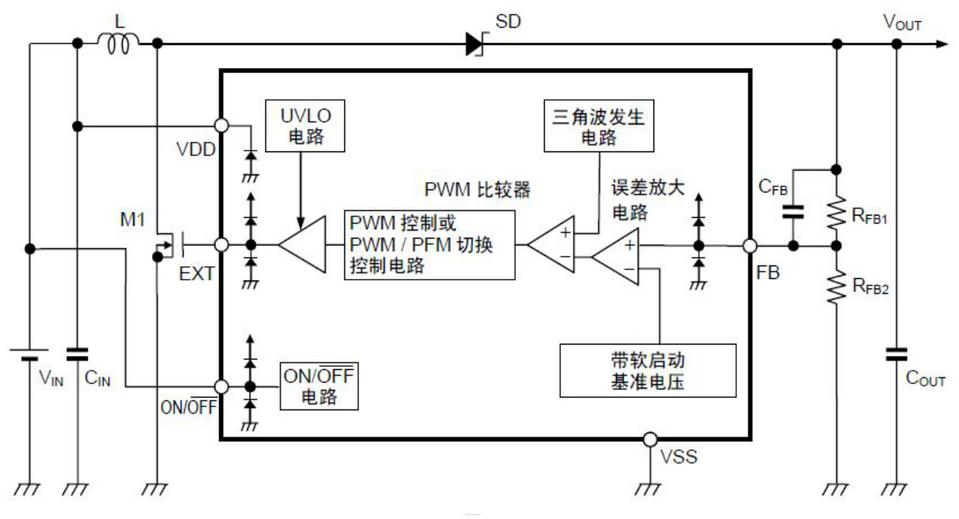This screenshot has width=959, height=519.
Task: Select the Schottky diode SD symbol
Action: pyautogui.click(x=475, y=45)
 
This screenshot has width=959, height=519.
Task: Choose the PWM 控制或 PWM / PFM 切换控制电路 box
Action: pyautogui.click(x=429, y=245)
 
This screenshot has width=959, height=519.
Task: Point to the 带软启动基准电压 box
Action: pyautogui.click(x=648, y=369)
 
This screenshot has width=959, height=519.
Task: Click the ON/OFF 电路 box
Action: pyautogui.click(x=318, y=386)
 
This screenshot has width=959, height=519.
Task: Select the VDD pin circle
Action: pyautogui.click(x=221, y=126)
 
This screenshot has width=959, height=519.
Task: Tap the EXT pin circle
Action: pyautogui.click(x=221, y=245)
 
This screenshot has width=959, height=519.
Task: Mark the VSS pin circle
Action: pyautogui.click(x=651, y=439)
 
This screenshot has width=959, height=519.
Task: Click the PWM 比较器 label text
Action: pyautogui.click(x=478, y=190)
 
